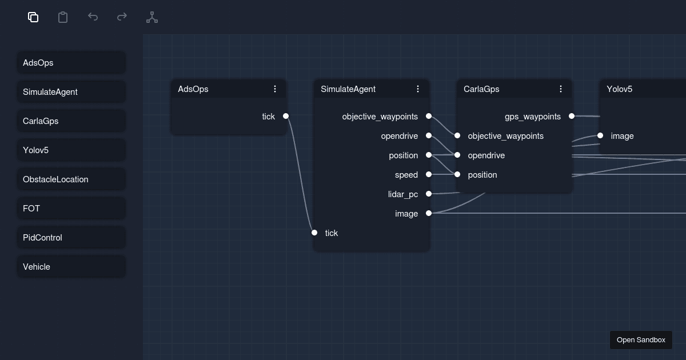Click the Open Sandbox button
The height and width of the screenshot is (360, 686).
(641, 340)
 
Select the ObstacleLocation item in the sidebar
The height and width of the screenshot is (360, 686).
(71, 179)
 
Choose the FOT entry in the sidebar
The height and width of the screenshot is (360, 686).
(71, 209)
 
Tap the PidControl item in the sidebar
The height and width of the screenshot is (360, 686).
(71, 238)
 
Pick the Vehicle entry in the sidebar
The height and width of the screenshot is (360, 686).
(71, 267)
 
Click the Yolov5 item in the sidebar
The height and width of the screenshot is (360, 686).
(71, 150)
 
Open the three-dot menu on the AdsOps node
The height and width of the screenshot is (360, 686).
(275, 89)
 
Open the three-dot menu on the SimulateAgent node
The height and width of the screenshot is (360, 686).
(418, 89)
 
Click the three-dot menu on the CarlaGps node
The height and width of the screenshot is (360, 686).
(561, 89)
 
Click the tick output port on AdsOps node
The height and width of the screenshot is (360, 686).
(286, 117)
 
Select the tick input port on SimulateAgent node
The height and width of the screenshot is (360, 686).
(314, 233)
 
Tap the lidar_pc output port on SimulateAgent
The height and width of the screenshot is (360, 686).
(429, 194)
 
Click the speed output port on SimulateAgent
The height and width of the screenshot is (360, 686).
(429, 175)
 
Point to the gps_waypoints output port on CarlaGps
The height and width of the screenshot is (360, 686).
(572, 117)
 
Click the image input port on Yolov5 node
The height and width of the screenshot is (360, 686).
(600, 136)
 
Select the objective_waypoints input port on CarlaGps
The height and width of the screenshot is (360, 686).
(457, 136)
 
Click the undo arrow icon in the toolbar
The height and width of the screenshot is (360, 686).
(93, 17)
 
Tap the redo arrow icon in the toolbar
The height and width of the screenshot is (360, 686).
(122, 17)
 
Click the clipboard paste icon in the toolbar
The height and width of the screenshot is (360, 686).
(63, 17)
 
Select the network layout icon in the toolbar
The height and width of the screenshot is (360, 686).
(152, 17)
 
